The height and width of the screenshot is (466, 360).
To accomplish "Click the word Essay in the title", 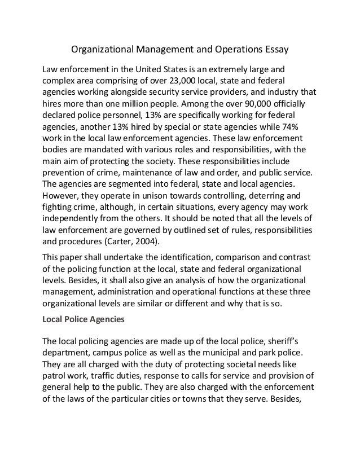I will coord(275,49).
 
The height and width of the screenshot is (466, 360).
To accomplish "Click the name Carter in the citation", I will coord(115,241).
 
